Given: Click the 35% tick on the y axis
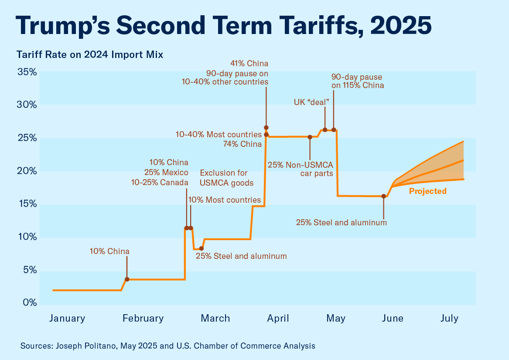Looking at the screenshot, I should click(x=27, y=72).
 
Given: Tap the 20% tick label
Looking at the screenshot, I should click(x=27, y=171).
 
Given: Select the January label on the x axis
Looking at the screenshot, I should click(x=67, y=318).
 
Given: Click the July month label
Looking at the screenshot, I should click(x=449, y=318).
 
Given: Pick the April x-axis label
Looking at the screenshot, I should click(x=278, y=318).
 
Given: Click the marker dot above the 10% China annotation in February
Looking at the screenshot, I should click(x=127, y=279).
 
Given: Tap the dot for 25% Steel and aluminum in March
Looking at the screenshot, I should click(x=202, y=248).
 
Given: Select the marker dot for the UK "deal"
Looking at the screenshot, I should click(x=325, y=130).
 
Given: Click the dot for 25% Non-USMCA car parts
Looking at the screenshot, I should click(x=310, y=137).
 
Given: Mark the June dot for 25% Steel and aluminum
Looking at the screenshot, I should click(x=384, y=196).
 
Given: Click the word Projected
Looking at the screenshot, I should click(x=427, y=191).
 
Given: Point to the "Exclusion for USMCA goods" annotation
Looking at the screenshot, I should click(x=226, y=178).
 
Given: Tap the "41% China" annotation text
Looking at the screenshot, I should click(x=252, y=64).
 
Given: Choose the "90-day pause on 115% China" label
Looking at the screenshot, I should click(x=358, y=81).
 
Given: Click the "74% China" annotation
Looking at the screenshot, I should click(x=242, y=144).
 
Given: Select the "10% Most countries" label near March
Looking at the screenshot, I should click(x=225, y=200).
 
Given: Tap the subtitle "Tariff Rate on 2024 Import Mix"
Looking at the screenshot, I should click(x=90, y=55).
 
